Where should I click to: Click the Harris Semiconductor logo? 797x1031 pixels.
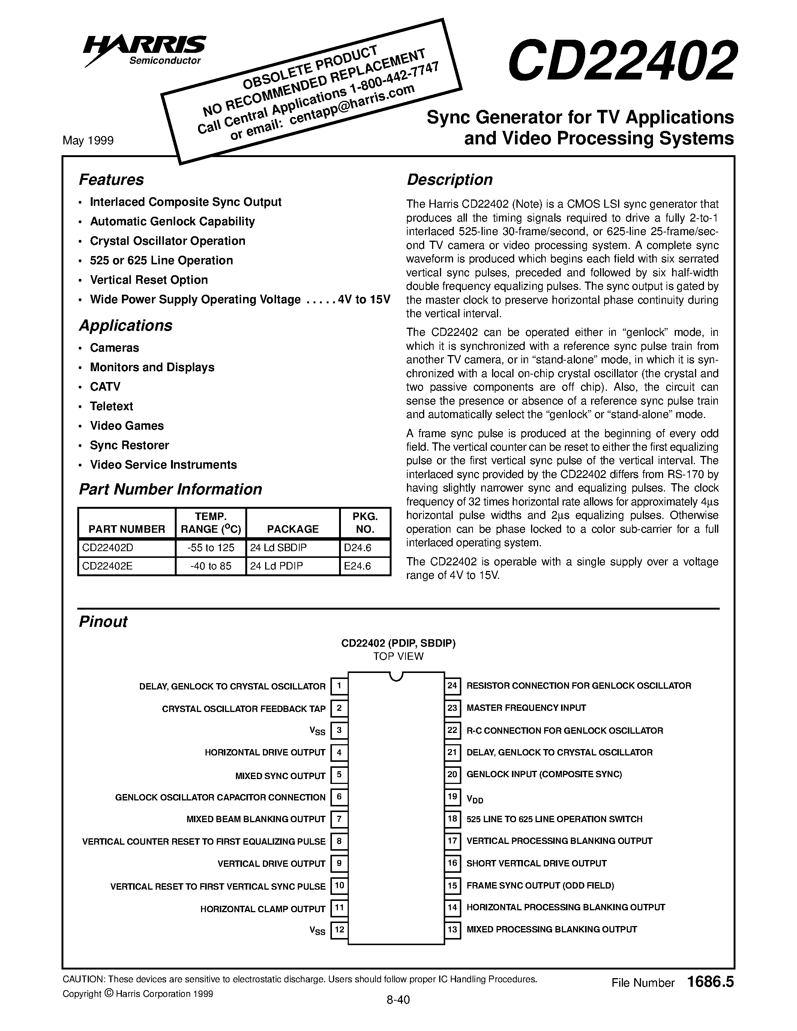(144, 49)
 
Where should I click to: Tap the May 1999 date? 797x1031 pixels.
(88, 141)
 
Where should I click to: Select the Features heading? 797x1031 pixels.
(111, 180)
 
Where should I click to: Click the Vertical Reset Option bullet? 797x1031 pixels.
(149, 280)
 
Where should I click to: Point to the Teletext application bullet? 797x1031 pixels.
(111, 406)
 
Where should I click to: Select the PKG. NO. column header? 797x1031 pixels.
(365, 523)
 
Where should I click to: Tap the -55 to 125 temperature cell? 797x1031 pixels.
(210, 548)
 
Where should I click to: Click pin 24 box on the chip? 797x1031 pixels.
(452, 685)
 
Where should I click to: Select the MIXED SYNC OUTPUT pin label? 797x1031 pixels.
(281, 776)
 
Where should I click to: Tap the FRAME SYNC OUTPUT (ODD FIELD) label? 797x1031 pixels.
(540, 886)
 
